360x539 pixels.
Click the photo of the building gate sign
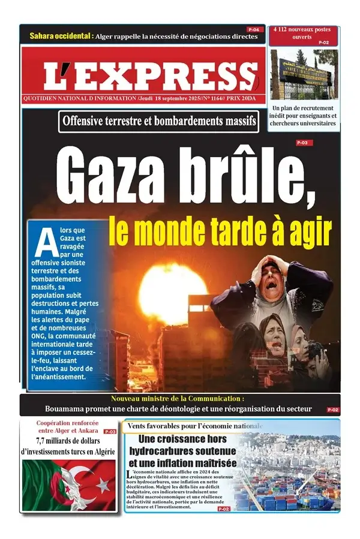click(303, 74)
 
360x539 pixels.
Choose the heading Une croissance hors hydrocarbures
click(183, 451)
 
